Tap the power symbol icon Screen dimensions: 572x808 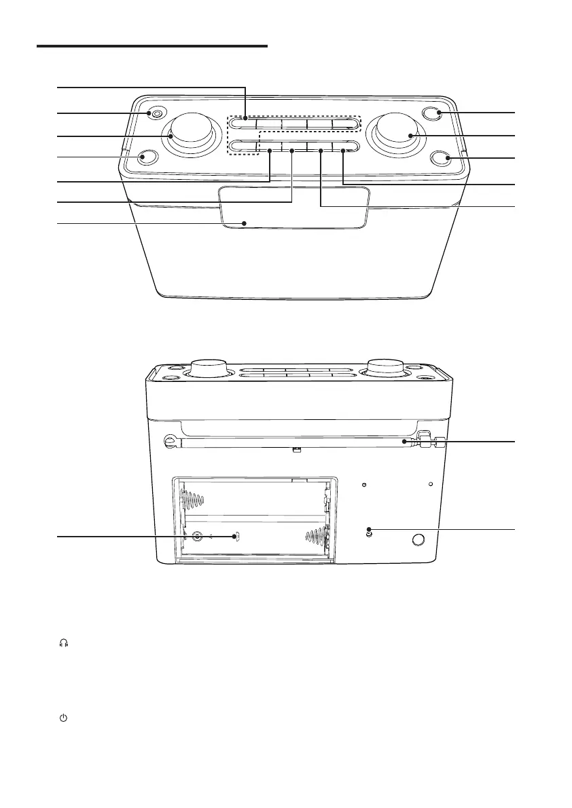coord(64,717)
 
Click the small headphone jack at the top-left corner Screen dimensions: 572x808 coord(157,113)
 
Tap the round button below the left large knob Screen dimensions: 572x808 coord(145,158)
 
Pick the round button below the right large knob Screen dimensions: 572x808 coord(442,158)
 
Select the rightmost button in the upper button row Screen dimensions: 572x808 coord(344,124)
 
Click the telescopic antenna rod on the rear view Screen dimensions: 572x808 coord(292,442)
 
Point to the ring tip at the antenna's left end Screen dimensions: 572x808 coord(169,442)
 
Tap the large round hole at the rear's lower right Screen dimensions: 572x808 coord(418,540)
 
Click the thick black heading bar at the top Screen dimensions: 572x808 coord(152,46)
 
